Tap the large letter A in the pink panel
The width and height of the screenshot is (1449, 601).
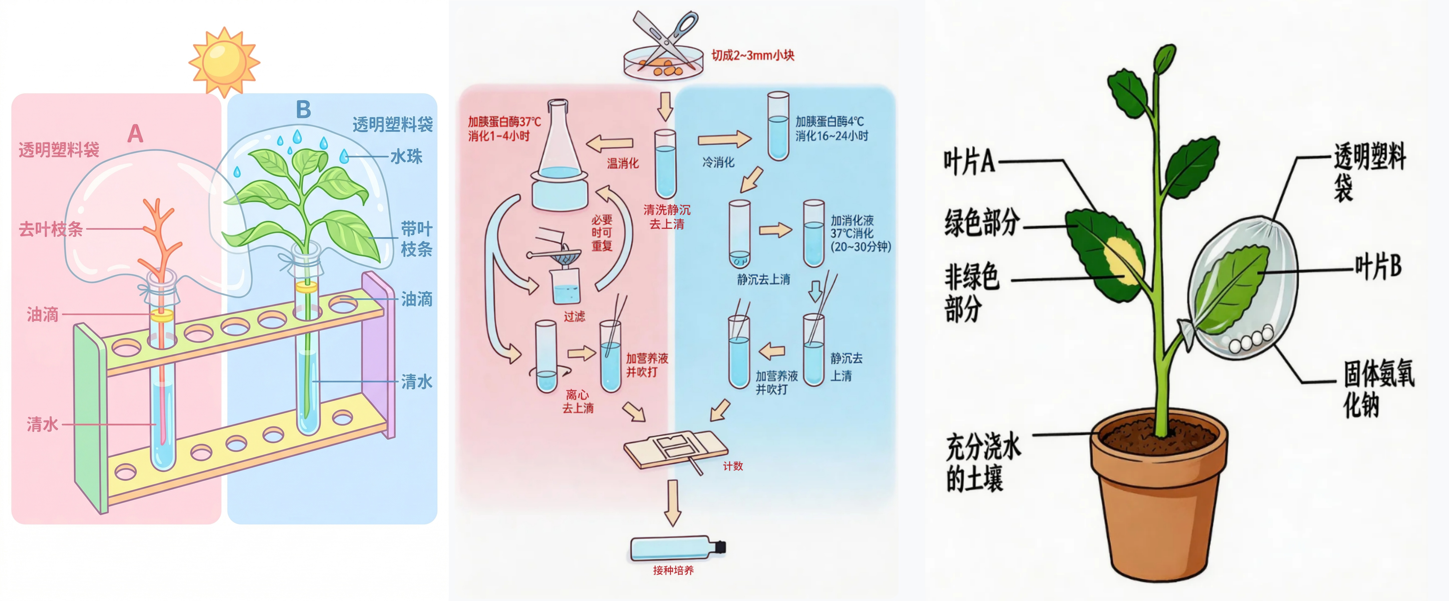(135, 134)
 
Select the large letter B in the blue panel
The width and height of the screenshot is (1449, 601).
(303, 110)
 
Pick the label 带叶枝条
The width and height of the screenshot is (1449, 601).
(416, 239)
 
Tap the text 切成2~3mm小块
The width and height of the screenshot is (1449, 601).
(753, 55)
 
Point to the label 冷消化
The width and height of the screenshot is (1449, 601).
(718, 163)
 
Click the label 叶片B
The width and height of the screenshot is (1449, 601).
(1377, 266)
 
